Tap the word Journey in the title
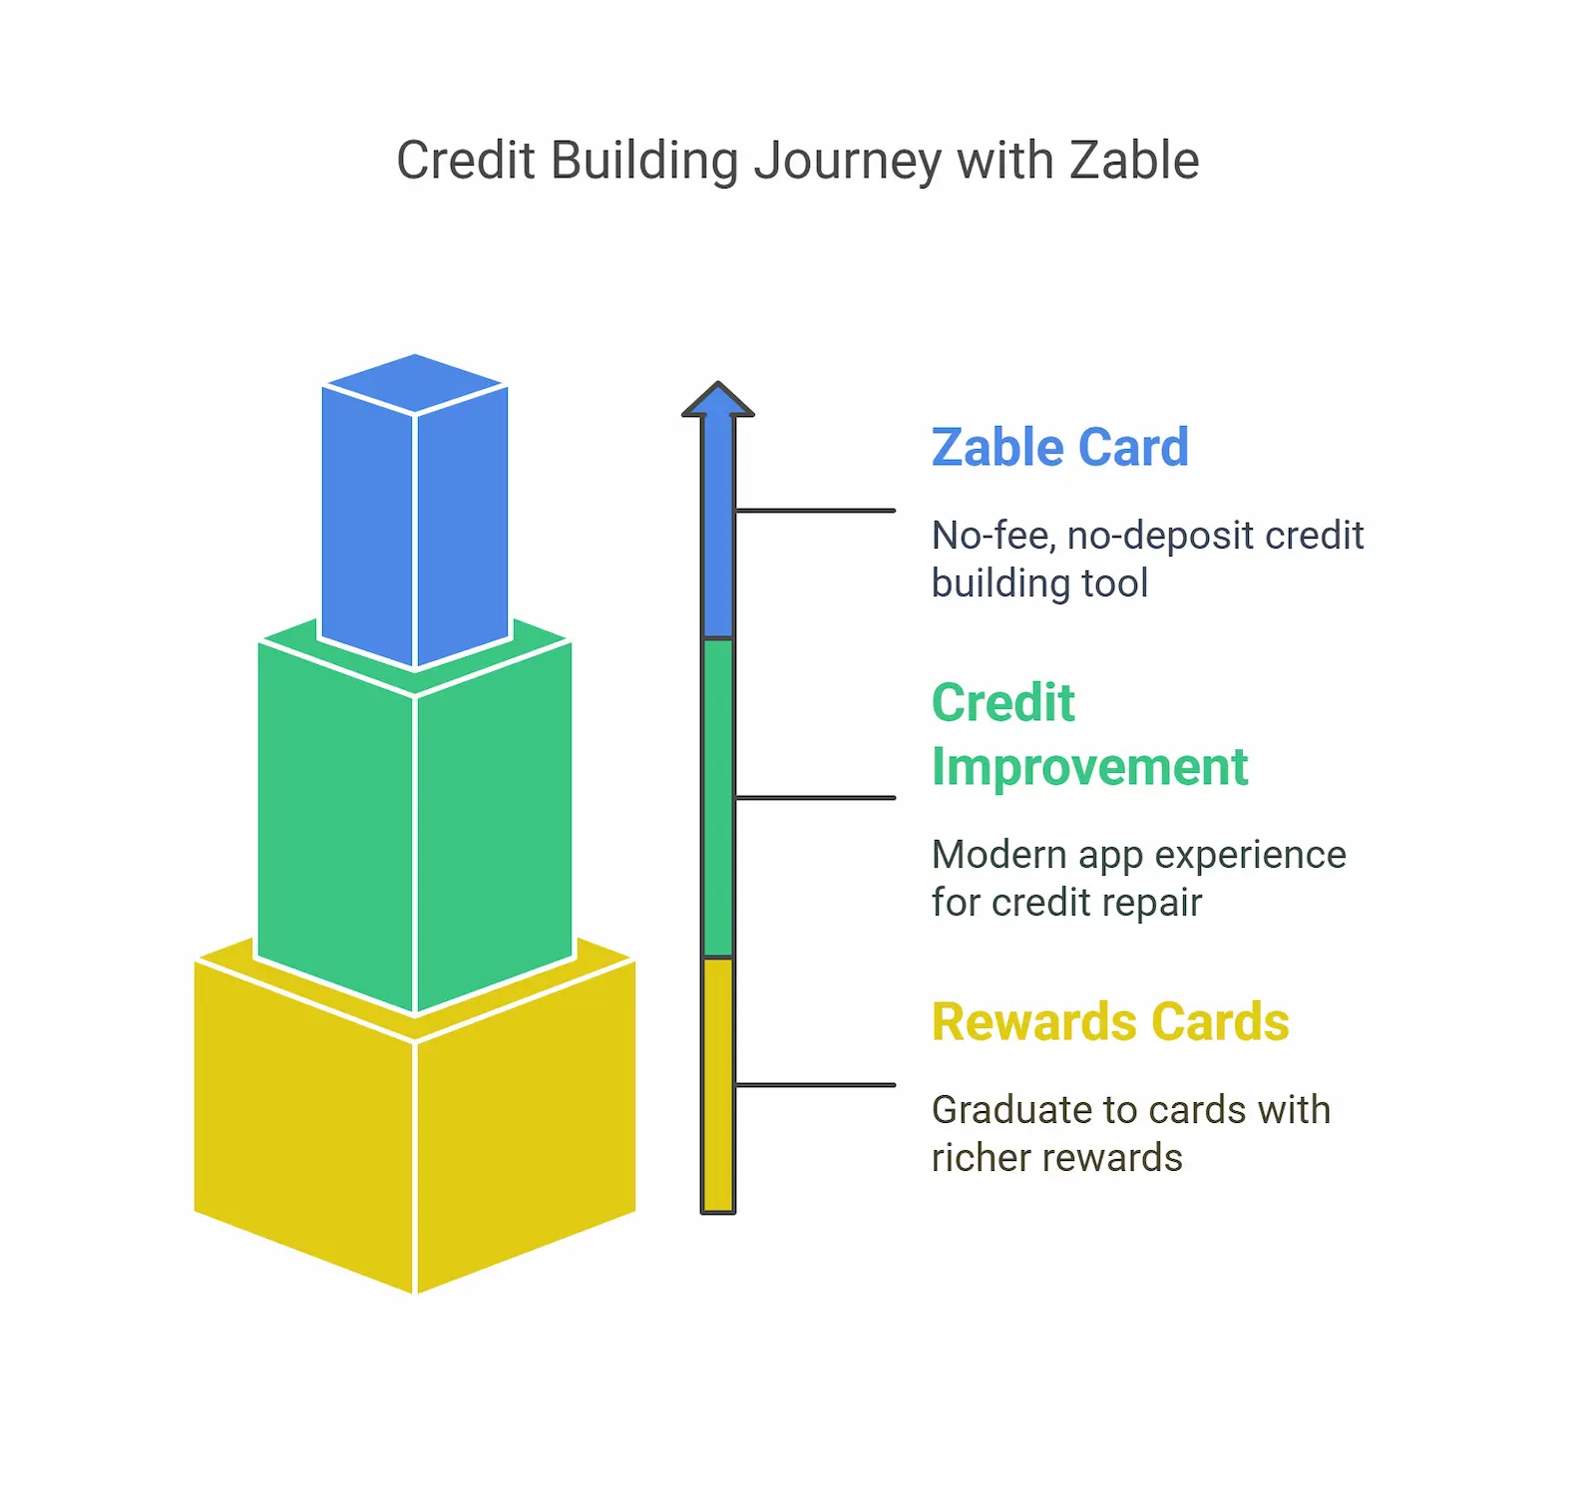point(847,163)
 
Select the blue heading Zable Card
point(1059,447)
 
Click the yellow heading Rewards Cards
point(1110,1021)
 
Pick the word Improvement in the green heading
point(1089,767)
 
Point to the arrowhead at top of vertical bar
point(718,400)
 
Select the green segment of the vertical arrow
point(718,798)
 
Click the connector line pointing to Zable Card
point(815,511)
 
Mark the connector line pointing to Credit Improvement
point(815,798)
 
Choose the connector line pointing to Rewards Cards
point(815,1085)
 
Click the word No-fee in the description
point(993,537)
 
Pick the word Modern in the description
point(998,855)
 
